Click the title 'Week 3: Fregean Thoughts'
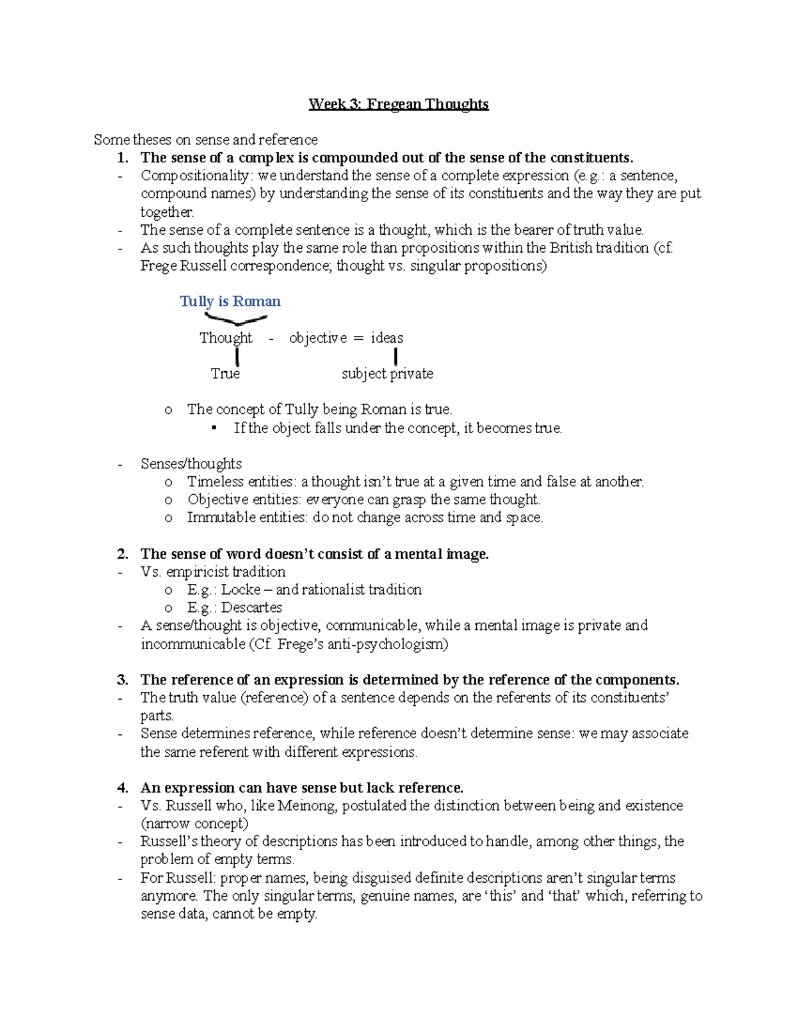pos(398,104)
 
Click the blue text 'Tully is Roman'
pos(230,301)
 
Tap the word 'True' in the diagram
pos(225,374)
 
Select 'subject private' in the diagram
pos(387,374)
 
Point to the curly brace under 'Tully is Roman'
pos(235,320)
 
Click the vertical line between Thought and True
pos(237,357)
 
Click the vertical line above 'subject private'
pos(396,357)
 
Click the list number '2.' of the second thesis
pos(122,554)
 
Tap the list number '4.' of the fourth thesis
pos(122,788)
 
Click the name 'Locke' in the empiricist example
pos(241,590)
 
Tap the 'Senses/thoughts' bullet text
pos(191,464)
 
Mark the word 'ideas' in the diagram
pos(387,338)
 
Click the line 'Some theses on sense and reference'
pos(205,140)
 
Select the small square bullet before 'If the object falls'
pos(214,428)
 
